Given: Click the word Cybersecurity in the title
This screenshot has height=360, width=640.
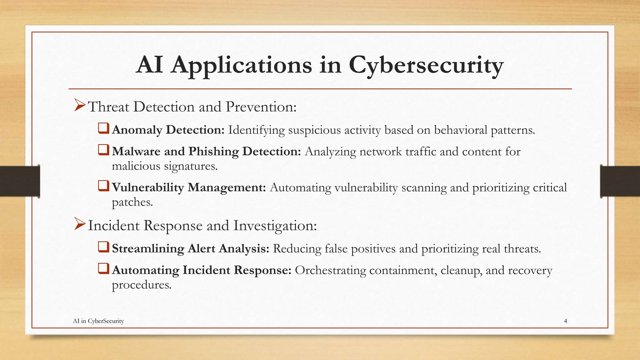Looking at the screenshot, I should (426, 65).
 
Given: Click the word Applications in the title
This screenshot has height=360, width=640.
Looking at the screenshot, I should (241, 65).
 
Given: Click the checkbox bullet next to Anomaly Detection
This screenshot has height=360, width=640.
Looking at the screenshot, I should (103, 128).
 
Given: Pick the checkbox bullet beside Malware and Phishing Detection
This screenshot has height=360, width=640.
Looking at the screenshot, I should (103, 150).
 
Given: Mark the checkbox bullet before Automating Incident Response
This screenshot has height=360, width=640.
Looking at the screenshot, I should (103, 269).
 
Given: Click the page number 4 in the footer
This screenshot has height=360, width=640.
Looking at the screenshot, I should (565, 321).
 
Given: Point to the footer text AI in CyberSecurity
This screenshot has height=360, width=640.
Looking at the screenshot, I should (98, 321).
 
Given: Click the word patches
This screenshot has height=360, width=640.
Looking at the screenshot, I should (132, 202).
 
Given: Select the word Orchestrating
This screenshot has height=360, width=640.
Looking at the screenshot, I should (330, 270).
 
